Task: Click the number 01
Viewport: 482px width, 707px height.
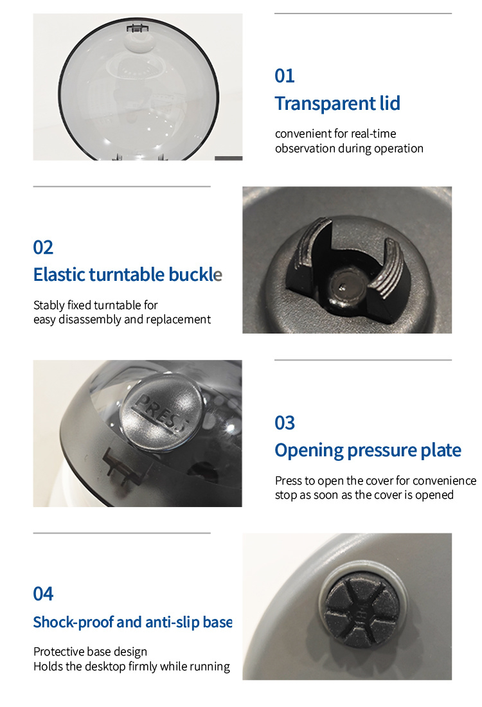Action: click(x=285, y=76)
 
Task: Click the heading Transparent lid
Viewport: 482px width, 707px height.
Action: click(x=337, y=103)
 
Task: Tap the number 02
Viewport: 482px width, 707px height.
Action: click(x=43, y=247)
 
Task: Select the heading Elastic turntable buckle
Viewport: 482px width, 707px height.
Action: click(x=128, y=274)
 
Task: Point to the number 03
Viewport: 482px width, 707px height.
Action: click(x=285, y=422)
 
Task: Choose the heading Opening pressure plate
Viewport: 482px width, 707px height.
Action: click(x=368, y=450)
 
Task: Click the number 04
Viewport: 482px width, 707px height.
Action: click(x=43, y=593)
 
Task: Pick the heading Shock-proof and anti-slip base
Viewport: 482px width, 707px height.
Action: click(x=132, y=622)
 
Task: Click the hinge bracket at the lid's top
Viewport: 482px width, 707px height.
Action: click(x=138, y=28)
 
